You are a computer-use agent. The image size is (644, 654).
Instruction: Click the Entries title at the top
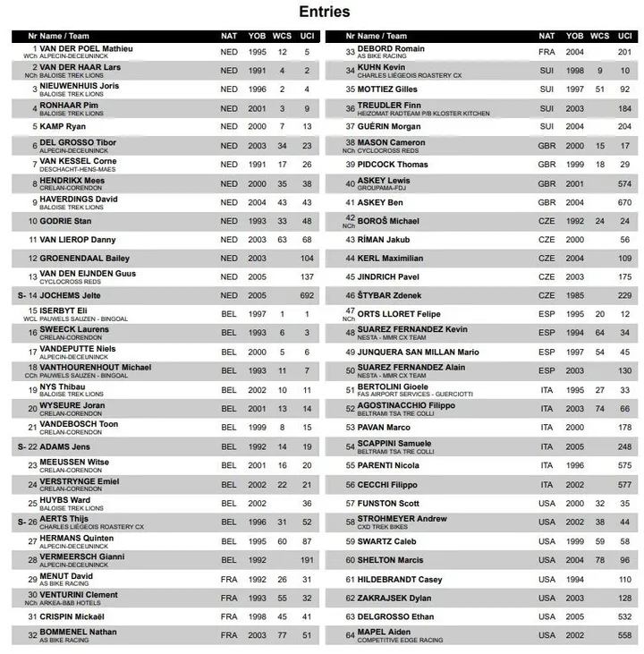click(324, 12)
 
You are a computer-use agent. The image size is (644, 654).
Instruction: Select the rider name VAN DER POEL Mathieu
click(85, 48)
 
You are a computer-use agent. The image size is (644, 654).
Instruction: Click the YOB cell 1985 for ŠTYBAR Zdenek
click(574, 295)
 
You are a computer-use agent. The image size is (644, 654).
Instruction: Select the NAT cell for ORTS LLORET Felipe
click(547, 314)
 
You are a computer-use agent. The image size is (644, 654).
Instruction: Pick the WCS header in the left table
click(282, 36)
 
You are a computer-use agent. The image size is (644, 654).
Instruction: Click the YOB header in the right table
click(574, 36)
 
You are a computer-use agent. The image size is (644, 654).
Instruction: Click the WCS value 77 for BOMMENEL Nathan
click(282, 635)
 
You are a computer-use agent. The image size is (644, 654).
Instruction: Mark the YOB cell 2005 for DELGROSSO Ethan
click(574, 617)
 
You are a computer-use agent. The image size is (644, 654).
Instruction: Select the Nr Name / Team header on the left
click(57, 36)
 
